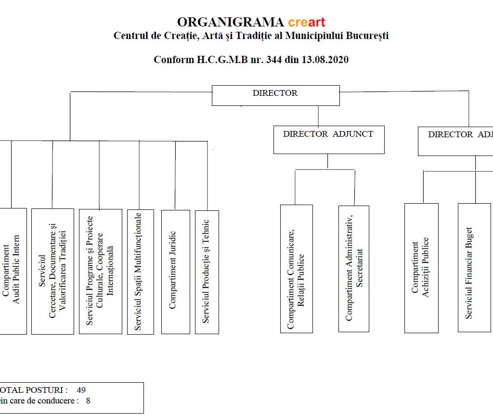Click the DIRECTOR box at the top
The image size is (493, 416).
[x=275, y=95]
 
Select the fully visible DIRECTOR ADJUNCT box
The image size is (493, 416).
[x=328, y=139]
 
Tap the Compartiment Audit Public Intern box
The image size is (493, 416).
[x=12, y=271]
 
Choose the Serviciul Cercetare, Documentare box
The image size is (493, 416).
[x=52, y=271]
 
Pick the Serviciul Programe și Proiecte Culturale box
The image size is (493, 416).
[x=100, y=271]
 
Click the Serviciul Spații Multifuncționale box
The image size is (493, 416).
[x=140, y=271]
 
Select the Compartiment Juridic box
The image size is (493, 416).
[x=175, y=271]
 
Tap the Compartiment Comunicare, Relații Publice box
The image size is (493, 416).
[x=296, y=268]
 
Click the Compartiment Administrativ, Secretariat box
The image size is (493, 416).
[x=353, y=268]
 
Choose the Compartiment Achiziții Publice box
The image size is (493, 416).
[x=421, y=268]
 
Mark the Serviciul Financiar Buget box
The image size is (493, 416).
[x=474, y=267]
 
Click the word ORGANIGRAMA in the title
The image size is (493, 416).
[x=230, y=22]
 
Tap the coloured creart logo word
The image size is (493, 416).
[x=307, y=22]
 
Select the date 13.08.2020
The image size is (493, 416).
[x=325, y=60]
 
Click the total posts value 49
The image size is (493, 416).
[x=81, y=390]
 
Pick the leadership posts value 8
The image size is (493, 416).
[x=88, y=400]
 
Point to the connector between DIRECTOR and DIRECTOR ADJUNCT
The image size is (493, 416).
[x=318, y=116]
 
